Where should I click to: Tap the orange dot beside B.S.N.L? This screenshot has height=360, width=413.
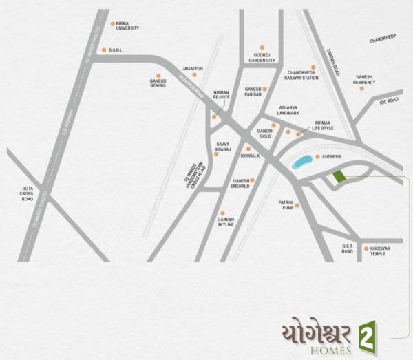tap(103, 50)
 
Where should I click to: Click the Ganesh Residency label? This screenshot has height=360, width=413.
tap(365, 80)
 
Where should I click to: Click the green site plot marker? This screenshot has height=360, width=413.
tap(338, 177)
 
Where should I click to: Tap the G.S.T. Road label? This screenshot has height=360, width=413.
tap(348, 249)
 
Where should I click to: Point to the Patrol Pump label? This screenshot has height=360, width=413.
tap(286, 204)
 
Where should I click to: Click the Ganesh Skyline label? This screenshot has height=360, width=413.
tap(226, 222)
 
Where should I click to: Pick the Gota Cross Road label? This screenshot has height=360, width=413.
tap(28, 195)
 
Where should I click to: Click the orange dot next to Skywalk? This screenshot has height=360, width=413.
tap(248, 148)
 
